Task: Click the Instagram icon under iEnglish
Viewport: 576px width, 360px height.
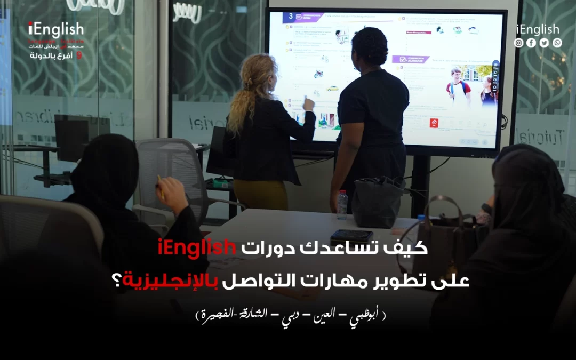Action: pos(518,43)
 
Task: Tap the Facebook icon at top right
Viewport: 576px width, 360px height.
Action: pos(531,43)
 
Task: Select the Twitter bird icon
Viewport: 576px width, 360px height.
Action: pos(544,43)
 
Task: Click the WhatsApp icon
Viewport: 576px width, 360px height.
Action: pos(557,43)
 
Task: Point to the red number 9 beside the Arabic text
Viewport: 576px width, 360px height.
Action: pos(79,55)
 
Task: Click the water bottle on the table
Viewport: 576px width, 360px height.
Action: pos(342,205)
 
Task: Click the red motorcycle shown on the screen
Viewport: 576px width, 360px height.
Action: pos(318,74)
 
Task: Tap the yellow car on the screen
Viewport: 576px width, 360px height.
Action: pos(333,88)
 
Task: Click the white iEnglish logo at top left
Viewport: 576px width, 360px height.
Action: pos(56,29)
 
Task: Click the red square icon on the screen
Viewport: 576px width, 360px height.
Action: pos(434,123)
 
